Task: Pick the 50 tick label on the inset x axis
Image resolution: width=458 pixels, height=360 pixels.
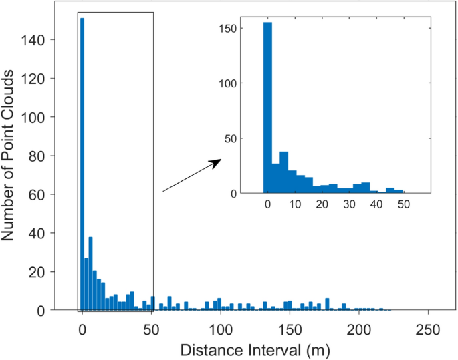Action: click(404, 206)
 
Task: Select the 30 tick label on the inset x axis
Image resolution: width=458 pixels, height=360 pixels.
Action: click(349, 206)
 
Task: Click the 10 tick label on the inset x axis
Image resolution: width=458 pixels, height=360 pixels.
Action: click(294, 206)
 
